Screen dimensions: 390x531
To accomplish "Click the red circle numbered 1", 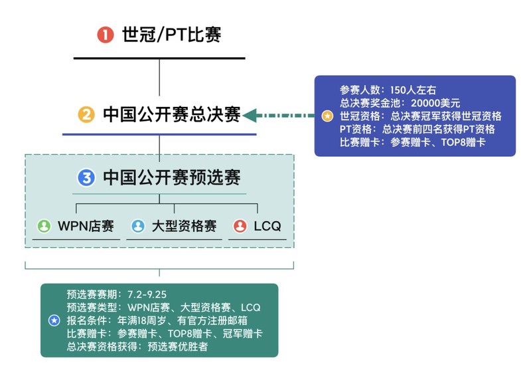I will (105, 35).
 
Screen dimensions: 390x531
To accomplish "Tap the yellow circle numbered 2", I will (86, 116).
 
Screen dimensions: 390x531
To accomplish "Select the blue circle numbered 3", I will (86, 177).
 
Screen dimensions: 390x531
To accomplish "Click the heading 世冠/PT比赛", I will (171, 35).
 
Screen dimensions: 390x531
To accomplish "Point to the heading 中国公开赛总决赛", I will (171, 116).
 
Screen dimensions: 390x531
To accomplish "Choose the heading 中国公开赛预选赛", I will (171, 177).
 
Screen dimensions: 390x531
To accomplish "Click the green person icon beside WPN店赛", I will (44, 226).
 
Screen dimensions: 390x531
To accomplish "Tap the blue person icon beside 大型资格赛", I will (137, 226).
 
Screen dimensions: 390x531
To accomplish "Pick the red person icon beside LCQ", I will (240, 226).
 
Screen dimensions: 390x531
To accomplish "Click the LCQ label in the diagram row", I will (267, 226).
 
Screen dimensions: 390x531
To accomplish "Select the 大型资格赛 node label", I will (185, 226).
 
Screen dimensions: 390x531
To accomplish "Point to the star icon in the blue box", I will (327, 116).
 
